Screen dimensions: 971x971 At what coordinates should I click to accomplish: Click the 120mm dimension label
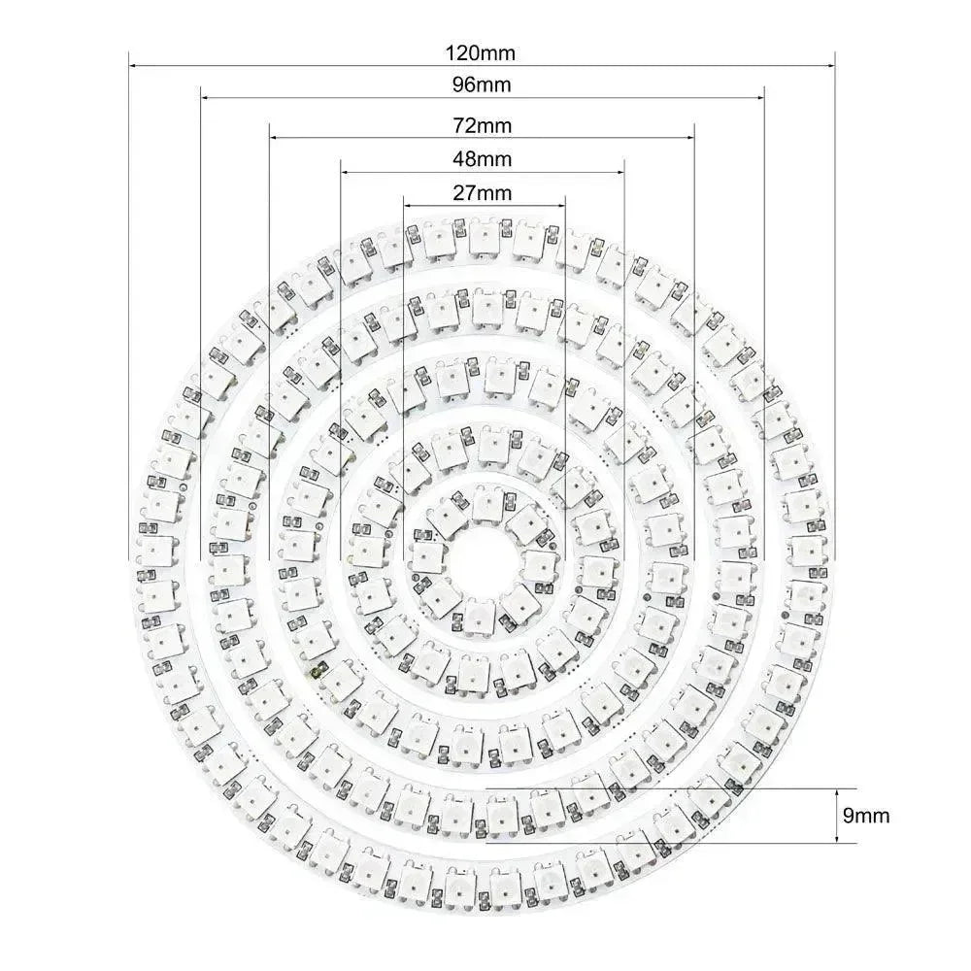click(483, 50)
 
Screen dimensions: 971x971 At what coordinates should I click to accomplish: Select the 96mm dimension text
click(483, 84)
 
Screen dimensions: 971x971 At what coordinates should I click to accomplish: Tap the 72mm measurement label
click(483, 125)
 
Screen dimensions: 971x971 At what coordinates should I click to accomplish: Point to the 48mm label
click(483, 159)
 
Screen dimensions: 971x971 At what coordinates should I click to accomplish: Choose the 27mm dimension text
click(483, 192)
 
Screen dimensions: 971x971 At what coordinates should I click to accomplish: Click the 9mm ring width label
click(866, 816)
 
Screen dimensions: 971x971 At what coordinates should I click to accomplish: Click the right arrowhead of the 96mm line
click(760, 98)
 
